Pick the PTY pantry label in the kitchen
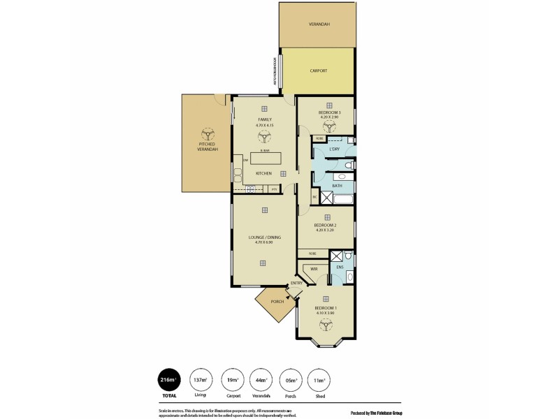pos(274,189)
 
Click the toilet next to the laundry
pos(347,164)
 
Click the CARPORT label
pos(318,71)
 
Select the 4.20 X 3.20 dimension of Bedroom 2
pos(326,230)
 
